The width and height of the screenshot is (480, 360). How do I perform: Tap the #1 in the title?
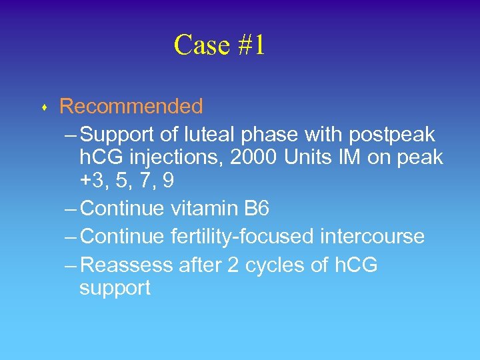pyautogui.click(x=247, y=45)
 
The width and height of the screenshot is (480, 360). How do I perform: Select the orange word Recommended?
pyautogui.click(x=131, y=106)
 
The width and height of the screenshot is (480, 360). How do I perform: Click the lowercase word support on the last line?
pyautogui.click(x=115, y=288)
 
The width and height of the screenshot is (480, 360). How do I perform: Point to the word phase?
pyautogui.click(x=269, y=135)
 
